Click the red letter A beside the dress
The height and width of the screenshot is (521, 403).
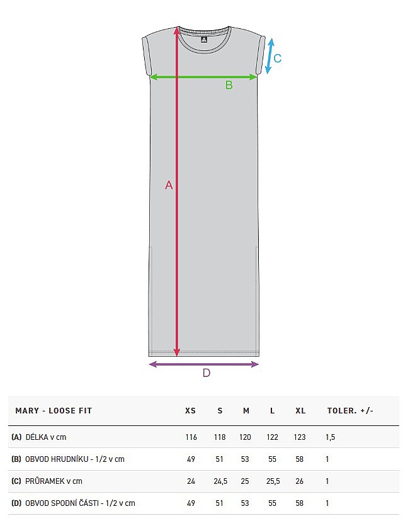pyautogui.click(x=169, y=185)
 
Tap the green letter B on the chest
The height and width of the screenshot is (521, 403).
pyautogui.click(x=229, y=86)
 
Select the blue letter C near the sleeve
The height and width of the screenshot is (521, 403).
pyautogui.click(x=277, y=59)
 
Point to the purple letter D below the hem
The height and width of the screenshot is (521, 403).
pyautogui.click(x=206, y=373)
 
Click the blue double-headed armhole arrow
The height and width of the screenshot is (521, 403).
pyautogui.click(x=270, y=56)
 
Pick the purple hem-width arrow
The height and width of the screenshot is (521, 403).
pyautogui.click(x=204, y=364)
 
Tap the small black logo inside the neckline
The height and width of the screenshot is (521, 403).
pyautogui.click(x=204, y=40)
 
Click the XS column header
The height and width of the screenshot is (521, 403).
pyautogui.click(x=190, y=411)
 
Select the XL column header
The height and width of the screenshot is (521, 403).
pyautogui.click(x=300, y=411)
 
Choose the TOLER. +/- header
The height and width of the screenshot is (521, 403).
pyautogui.click(x=350, y=411)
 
